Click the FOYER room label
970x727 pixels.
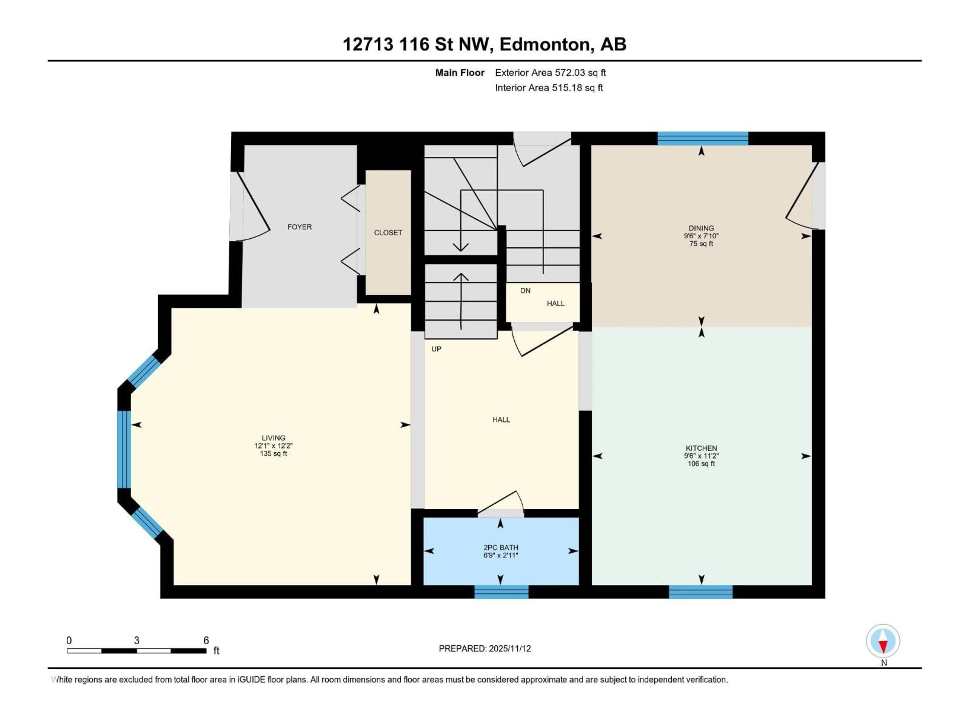tap(300, 227)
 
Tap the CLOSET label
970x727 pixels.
tap(388, 233)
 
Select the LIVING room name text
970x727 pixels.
tap(273, 438)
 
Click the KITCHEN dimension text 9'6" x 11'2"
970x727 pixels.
tap(701, 456)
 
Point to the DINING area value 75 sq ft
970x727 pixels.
tap(701, 244)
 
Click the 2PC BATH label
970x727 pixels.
tap(501, 547)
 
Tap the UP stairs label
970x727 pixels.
tap(436, 349)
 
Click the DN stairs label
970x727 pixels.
tap(525, 291)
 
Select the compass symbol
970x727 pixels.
tap(883, 641)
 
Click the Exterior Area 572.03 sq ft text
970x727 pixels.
tap(550, 73)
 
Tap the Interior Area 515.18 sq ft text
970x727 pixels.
tap(549, 88)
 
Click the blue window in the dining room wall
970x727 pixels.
tap(702, 139)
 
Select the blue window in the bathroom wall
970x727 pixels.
tap(501, 592)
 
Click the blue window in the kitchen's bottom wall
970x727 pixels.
tap(700, 592)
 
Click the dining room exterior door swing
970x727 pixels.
tap(800, 197)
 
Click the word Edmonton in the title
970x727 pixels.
tap(545, 44)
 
